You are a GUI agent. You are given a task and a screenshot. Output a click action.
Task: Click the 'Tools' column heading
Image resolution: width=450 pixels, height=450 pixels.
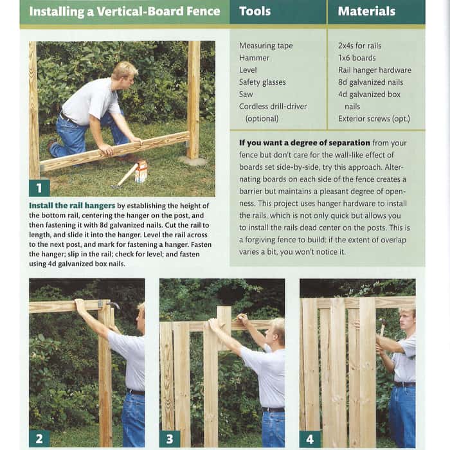point(255,11)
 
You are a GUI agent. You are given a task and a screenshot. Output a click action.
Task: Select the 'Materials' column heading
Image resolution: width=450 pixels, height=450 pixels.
point(366,11)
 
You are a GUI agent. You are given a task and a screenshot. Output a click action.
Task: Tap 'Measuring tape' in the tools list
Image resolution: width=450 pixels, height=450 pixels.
point(265,46)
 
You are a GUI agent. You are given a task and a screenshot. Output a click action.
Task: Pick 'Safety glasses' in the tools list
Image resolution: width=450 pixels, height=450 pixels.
point(262,82)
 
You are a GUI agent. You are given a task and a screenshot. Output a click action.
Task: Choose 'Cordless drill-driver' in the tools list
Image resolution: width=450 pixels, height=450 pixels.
point(273,107)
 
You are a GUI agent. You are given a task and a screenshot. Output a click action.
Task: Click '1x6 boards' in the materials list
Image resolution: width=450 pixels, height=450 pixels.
point(357,58)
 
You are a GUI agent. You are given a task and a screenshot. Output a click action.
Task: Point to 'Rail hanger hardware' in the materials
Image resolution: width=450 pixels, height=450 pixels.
point(375,70)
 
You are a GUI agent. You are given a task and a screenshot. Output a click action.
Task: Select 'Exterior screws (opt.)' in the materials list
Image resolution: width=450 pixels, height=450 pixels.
point(374,118)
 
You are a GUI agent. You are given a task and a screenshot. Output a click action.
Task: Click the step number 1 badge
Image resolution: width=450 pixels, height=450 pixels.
point(39,188)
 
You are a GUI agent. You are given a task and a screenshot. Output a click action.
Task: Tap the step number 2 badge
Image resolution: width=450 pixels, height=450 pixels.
point(39,439)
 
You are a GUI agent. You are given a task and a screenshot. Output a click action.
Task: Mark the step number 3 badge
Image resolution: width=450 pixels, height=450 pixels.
point(170,439)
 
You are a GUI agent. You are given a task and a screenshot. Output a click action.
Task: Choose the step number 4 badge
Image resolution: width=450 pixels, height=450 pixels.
point(310,439)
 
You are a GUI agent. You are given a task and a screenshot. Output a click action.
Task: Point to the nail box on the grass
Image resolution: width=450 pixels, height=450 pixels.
point(141,172)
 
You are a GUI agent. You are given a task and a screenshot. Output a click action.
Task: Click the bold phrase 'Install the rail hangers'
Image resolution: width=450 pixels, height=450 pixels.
point(72,206)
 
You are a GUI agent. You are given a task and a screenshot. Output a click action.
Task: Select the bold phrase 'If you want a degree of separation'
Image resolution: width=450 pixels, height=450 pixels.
point(305,143)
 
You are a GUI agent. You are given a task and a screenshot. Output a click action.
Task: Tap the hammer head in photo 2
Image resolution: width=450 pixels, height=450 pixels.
point(114,304)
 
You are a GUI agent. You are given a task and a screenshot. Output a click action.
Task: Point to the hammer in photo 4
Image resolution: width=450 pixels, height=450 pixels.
point(382,327)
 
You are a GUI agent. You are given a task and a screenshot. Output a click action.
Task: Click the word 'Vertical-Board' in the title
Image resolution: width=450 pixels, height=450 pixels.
point(139,12)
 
